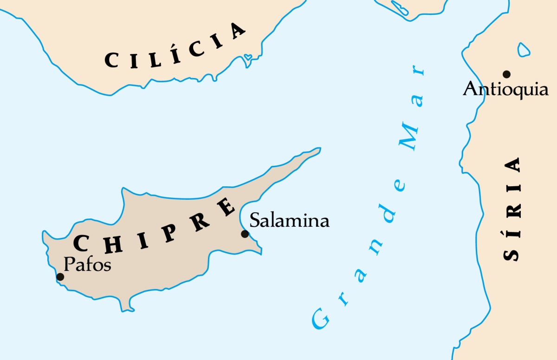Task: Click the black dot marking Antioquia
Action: (506, 74)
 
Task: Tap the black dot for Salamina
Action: (245, 234)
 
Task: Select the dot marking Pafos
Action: (60, 277)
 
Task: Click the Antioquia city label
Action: (505, 89)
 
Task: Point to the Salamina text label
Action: (289, 220)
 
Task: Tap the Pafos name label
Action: (87, 264)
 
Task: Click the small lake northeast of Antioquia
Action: (524, 50)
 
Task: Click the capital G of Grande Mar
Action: (319, 319)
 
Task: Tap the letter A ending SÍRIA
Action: (512, 165)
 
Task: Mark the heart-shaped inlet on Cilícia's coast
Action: (248, 57)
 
